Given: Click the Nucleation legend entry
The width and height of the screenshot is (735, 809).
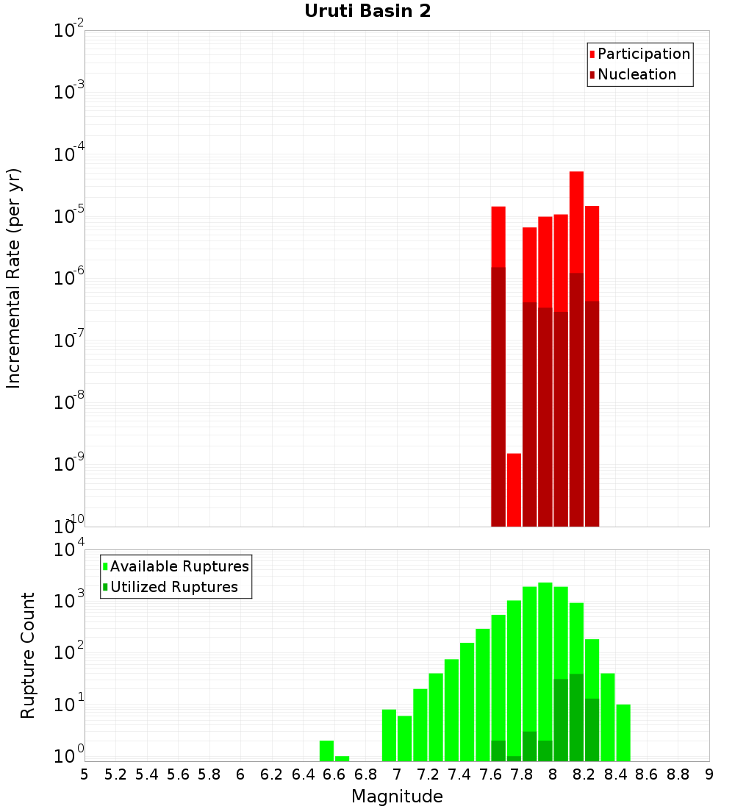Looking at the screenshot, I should click(x=636, y=75).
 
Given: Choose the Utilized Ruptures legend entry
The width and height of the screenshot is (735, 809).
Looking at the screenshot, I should click(x=173, y=588).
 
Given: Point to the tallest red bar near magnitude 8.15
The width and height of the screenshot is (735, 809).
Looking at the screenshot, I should click(x=576, y=221).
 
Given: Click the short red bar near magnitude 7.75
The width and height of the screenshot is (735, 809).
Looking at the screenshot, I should click(x=514, y=489).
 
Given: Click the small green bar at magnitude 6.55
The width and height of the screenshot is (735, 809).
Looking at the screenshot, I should click(x=326, y=751).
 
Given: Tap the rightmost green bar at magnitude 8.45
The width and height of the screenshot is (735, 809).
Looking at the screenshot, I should click(x=623, y=733).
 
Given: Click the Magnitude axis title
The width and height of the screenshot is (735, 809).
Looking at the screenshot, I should click(x=397, y=796).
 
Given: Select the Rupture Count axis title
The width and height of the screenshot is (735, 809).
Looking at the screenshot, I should click(x=28, y=655).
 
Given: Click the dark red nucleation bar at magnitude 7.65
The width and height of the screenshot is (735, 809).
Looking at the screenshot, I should click(x=498, y=397).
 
